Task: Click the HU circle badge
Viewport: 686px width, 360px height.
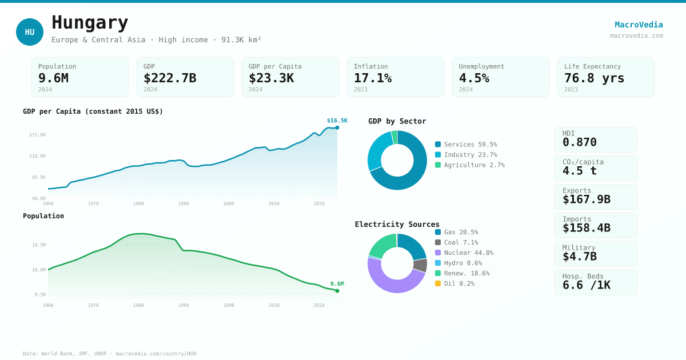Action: click(30, 32)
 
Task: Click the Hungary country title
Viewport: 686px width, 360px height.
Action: click(90, 23)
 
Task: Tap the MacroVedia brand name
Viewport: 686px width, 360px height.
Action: click(639, 25)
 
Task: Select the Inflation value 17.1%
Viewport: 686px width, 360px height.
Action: click(372, 78)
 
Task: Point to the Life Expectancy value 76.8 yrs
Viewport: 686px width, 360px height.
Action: click(594, 78)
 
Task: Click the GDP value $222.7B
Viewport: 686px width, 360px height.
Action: click(170, 78)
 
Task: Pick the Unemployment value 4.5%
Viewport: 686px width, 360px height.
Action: click(474, 78)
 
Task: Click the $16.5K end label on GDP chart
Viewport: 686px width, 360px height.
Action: click(337, 121)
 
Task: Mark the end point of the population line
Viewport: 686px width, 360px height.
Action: click(337, 291)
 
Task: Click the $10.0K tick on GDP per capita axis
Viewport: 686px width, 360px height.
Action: click(38, 156)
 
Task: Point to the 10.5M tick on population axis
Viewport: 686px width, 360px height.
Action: click(39, 245)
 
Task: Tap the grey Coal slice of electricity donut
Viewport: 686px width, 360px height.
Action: click(420, 265)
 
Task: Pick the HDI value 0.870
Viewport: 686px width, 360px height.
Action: click(579, 142)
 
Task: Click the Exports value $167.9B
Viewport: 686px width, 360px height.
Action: click(586, 199)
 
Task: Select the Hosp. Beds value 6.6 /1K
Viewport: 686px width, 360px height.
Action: click(586, 285)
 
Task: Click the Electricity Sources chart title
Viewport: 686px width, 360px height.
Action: click(397, 224)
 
